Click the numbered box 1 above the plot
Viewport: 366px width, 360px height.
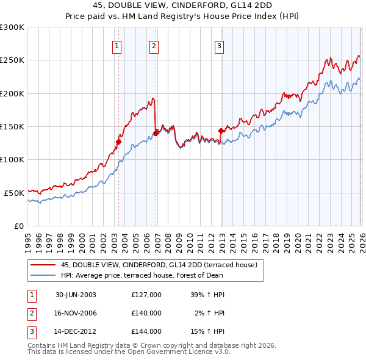tap(117, 45)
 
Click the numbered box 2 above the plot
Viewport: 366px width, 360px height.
tap(154, 45)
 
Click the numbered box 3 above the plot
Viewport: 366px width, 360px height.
tap(219, 45)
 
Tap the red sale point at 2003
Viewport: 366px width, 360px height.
tap(119, 142)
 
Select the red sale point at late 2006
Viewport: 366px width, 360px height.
tap(156, 132)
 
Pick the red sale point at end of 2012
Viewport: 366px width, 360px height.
tap(221, 130)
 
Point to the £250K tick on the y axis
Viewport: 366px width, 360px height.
tap(12, 60)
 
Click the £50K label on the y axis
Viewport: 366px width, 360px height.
tap(14, 193)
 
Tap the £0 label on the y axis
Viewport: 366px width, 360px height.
tap(18, 226)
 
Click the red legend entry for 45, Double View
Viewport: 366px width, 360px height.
tap(159, 265)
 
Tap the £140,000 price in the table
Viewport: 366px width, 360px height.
tap(146, 313)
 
